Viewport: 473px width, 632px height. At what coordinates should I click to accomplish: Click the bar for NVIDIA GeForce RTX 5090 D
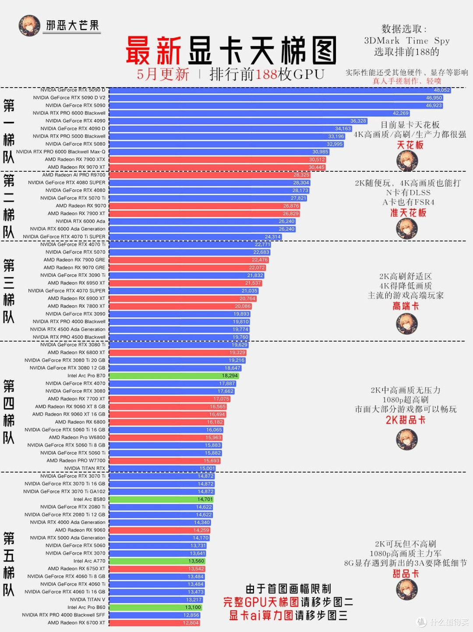pos(280,90)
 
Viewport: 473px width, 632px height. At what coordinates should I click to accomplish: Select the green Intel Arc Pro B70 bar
pos(174,376)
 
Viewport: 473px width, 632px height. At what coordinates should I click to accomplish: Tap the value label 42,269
pos(401,113)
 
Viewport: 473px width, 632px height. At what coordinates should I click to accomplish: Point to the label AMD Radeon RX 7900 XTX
pos(75,159)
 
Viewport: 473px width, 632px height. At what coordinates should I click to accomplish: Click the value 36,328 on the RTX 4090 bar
pos(358,121)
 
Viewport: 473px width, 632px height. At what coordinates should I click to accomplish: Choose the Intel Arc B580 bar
pos(161,499)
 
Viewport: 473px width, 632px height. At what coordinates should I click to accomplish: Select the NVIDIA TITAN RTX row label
pos(85,469)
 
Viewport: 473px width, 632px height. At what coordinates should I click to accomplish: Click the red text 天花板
pos(410,145)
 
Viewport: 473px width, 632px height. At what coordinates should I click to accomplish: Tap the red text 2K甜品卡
pos(406,420)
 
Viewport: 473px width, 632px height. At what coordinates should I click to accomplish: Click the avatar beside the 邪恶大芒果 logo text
pos(29,26)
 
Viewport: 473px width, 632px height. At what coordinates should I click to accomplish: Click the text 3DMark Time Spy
pos(407,41)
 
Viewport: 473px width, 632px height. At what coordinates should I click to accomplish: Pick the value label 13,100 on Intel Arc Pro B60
pos(193,607)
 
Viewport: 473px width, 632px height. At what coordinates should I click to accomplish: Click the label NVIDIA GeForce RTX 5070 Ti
pos(73,198)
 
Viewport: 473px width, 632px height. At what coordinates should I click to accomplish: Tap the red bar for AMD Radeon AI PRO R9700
pos(210,175)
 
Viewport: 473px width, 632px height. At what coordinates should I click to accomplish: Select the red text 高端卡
pos(406,306)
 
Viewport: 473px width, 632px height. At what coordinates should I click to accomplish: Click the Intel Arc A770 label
pos(89,561)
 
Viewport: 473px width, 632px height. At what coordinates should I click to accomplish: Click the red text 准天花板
pos(408,213)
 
